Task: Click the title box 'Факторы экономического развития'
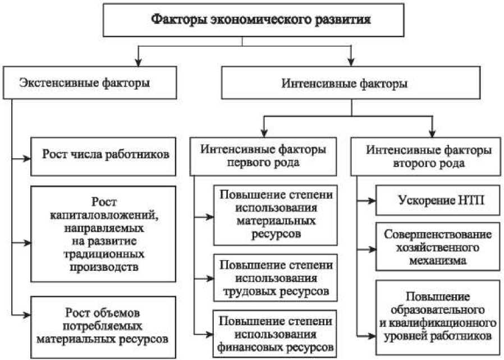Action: pos(253,20)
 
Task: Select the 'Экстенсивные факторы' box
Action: pos(90,82)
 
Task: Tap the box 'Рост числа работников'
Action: pos(103,156)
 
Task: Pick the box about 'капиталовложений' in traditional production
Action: pos(103,234)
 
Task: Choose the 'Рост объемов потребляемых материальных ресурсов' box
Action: pos(103,327)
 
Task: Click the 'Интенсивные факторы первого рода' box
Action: pos(263,156)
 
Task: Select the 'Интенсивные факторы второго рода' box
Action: pos(425,156)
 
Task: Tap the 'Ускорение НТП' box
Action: pos(438,200)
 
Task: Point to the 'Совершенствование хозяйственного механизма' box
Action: pos(438,247)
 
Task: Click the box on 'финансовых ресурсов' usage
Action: pos(275,334)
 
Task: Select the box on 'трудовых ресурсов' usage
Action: pos(276,278)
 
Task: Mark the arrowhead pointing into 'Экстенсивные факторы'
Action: pos(138,62)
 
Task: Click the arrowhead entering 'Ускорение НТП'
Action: pos(372,201)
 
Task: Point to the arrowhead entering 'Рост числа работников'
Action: pos(27,158)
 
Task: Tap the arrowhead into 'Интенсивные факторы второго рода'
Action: pos(432,133)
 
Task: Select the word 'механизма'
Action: pos(438,260)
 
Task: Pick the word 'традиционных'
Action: pos(103,255)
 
